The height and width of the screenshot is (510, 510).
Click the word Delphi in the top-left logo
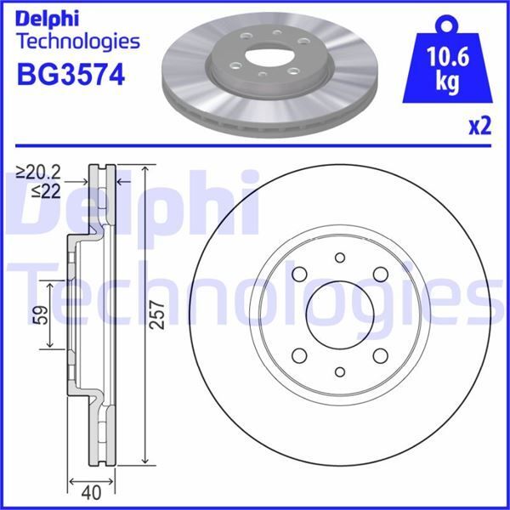tap(50, 16)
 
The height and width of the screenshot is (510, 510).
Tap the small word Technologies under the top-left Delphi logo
tap(77, 41)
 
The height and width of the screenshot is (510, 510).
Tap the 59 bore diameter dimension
tap(38, 316)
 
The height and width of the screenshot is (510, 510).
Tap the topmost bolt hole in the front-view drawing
tap(339, 258)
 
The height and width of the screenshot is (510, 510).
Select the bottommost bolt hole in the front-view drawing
tap(339, 371)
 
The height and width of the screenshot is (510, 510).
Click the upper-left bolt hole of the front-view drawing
tap(300, 275)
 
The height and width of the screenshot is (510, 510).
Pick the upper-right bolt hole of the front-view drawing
tap(379, 275)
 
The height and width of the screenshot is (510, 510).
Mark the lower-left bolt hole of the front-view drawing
tap(300, 354)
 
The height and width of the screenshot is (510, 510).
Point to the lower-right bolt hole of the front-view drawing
tap(379, 354)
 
